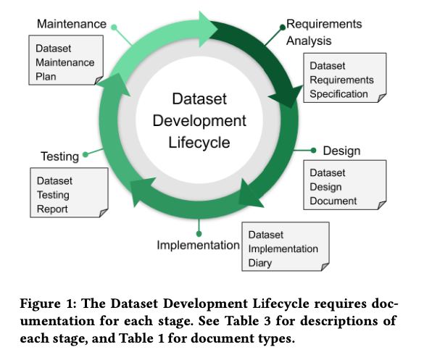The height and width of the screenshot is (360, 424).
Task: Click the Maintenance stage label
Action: (72, 24)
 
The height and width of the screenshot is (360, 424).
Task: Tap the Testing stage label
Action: (59, 156)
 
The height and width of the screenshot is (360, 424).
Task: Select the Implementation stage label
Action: (198, 246)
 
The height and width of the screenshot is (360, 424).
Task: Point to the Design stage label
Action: (341, 151)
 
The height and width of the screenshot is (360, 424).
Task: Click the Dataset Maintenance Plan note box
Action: (66, 60)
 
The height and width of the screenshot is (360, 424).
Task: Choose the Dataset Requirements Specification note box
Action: (345, 78)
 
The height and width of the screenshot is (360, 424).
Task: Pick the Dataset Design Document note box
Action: (345, 185)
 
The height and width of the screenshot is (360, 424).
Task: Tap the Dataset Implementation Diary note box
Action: (286, 246)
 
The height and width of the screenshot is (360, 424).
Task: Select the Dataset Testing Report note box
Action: (70, 193)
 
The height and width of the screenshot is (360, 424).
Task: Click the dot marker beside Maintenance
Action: (114, 28)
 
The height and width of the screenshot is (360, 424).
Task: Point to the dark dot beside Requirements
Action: (283, 27)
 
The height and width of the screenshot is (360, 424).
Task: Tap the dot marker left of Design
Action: (313, 151)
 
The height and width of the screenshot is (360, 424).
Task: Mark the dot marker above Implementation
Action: (199, 233)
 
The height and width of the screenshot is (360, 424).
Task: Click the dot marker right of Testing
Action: (86, 154)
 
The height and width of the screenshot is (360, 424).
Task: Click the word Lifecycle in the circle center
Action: (199, 143)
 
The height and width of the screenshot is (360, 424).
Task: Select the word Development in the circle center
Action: (199, 121)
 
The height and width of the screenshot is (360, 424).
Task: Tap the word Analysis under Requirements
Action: (309, 41)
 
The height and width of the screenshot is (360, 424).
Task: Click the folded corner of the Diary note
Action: (325, 267)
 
